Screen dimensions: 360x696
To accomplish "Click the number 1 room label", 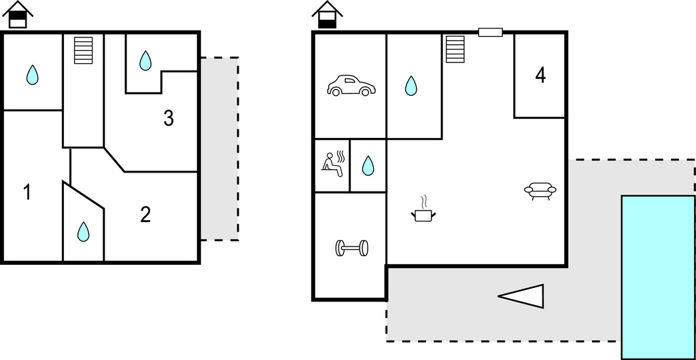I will [27, 193].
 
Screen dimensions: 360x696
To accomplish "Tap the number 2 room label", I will [145, 215].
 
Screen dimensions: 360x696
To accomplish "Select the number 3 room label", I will [169, 118].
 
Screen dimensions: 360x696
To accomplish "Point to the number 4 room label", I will [540, 76].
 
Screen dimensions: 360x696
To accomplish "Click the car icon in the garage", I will [351, 86].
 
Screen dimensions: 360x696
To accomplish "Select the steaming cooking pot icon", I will [423, 211].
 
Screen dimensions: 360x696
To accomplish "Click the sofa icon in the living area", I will [540, 191].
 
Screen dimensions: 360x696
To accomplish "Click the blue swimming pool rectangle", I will [658, 276].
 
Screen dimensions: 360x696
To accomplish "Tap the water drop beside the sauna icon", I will [368, 165].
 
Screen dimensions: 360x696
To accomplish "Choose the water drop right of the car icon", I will [411, 86].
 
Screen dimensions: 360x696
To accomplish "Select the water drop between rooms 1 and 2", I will [83, 232].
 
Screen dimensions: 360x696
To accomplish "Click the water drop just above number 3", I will [145, 61].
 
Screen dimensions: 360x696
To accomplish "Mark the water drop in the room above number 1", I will [32, 75].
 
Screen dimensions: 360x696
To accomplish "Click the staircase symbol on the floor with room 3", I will [83, 50].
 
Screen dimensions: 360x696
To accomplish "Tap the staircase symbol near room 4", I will [454, 49].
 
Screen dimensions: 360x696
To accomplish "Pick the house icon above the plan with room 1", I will [18, 14].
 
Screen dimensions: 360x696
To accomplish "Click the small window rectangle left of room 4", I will [490, 32].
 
